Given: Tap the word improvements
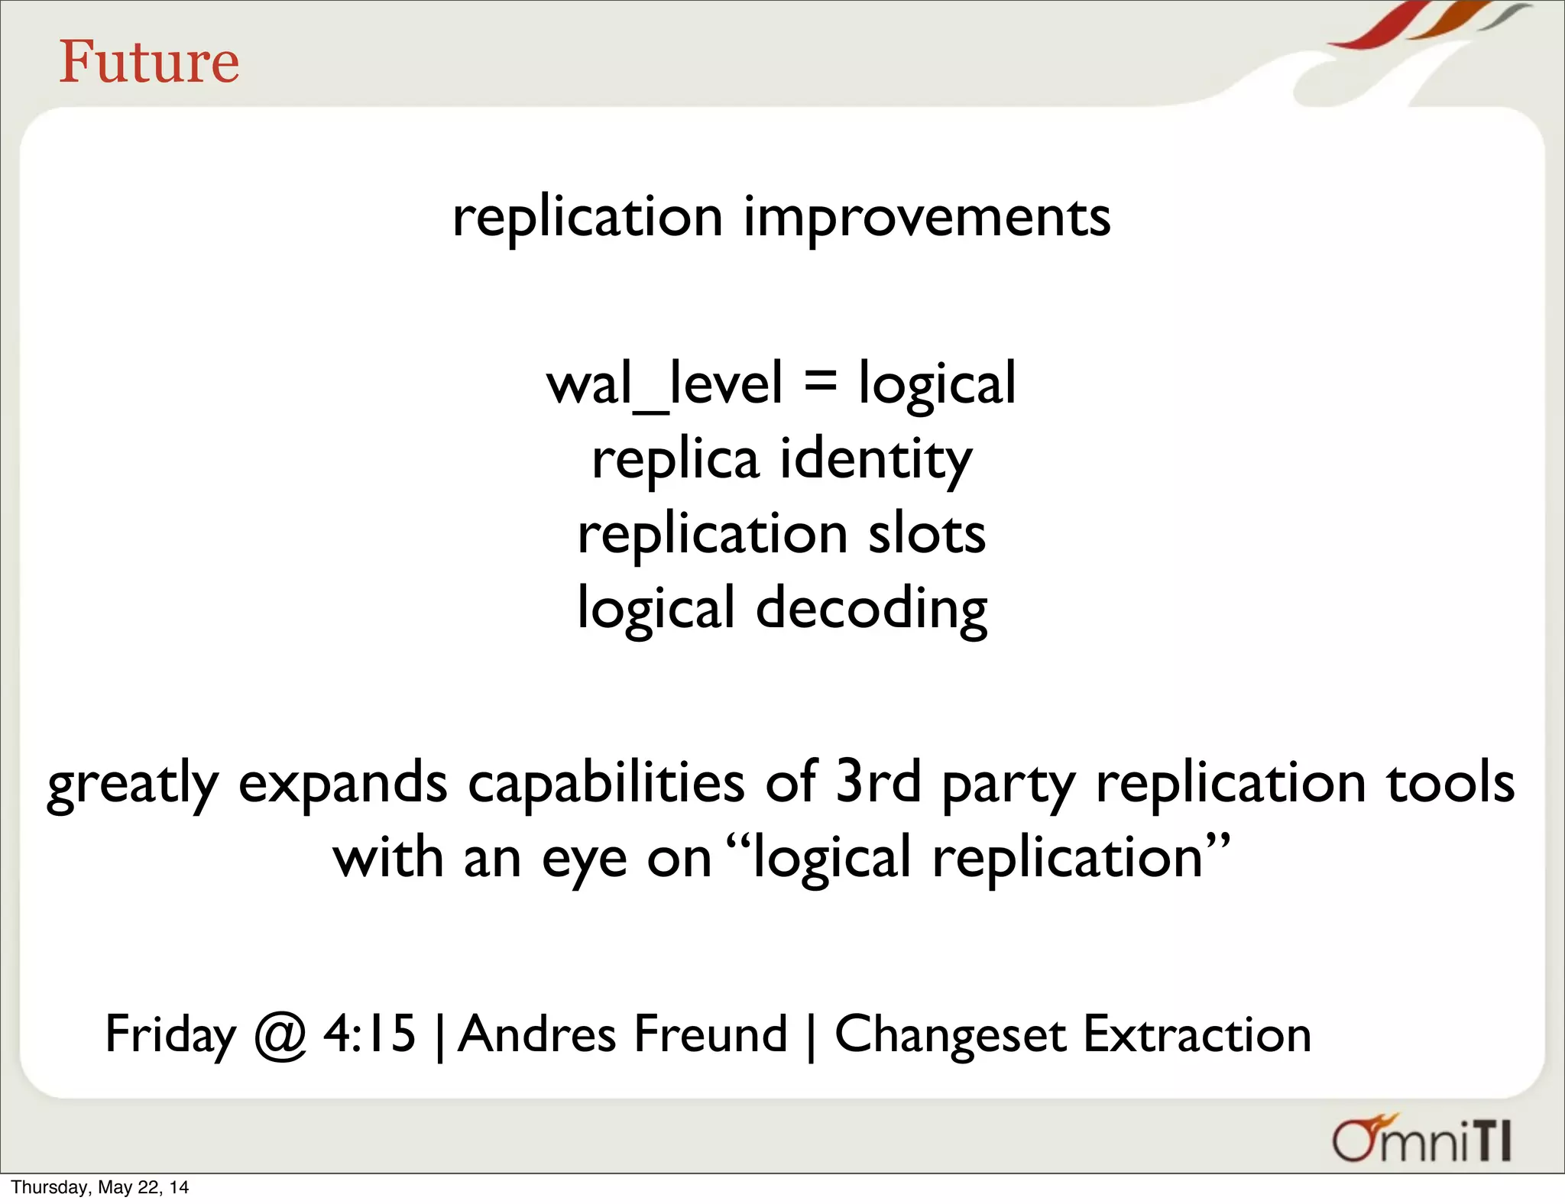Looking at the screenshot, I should [x=926, y=218].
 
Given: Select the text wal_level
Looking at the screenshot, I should [x=664, y=384].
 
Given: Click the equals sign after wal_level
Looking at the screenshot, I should [x=820, y=380].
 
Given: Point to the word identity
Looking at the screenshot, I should [x=876, y=461].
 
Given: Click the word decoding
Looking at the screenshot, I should [x=871, y=609].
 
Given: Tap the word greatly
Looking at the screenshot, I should [x=133, y=784].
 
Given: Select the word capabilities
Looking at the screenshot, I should [x=605, y=782].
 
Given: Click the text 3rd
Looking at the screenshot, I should [x=877, y=782].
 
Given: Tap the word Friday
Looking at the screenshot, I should [x=170, y=1034].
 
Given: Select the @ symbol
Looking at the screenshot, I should [x=280, y=1036].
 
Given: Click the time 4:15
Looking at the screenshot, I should [x=369, y=1034].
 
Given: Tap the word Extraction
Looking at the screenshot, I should [x=1197, y=1034].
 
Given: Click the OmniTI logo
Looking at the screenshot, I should [x=1421, y=1141].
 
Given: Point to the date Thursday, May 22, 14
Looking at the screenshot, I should [x=100, y=1187].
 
